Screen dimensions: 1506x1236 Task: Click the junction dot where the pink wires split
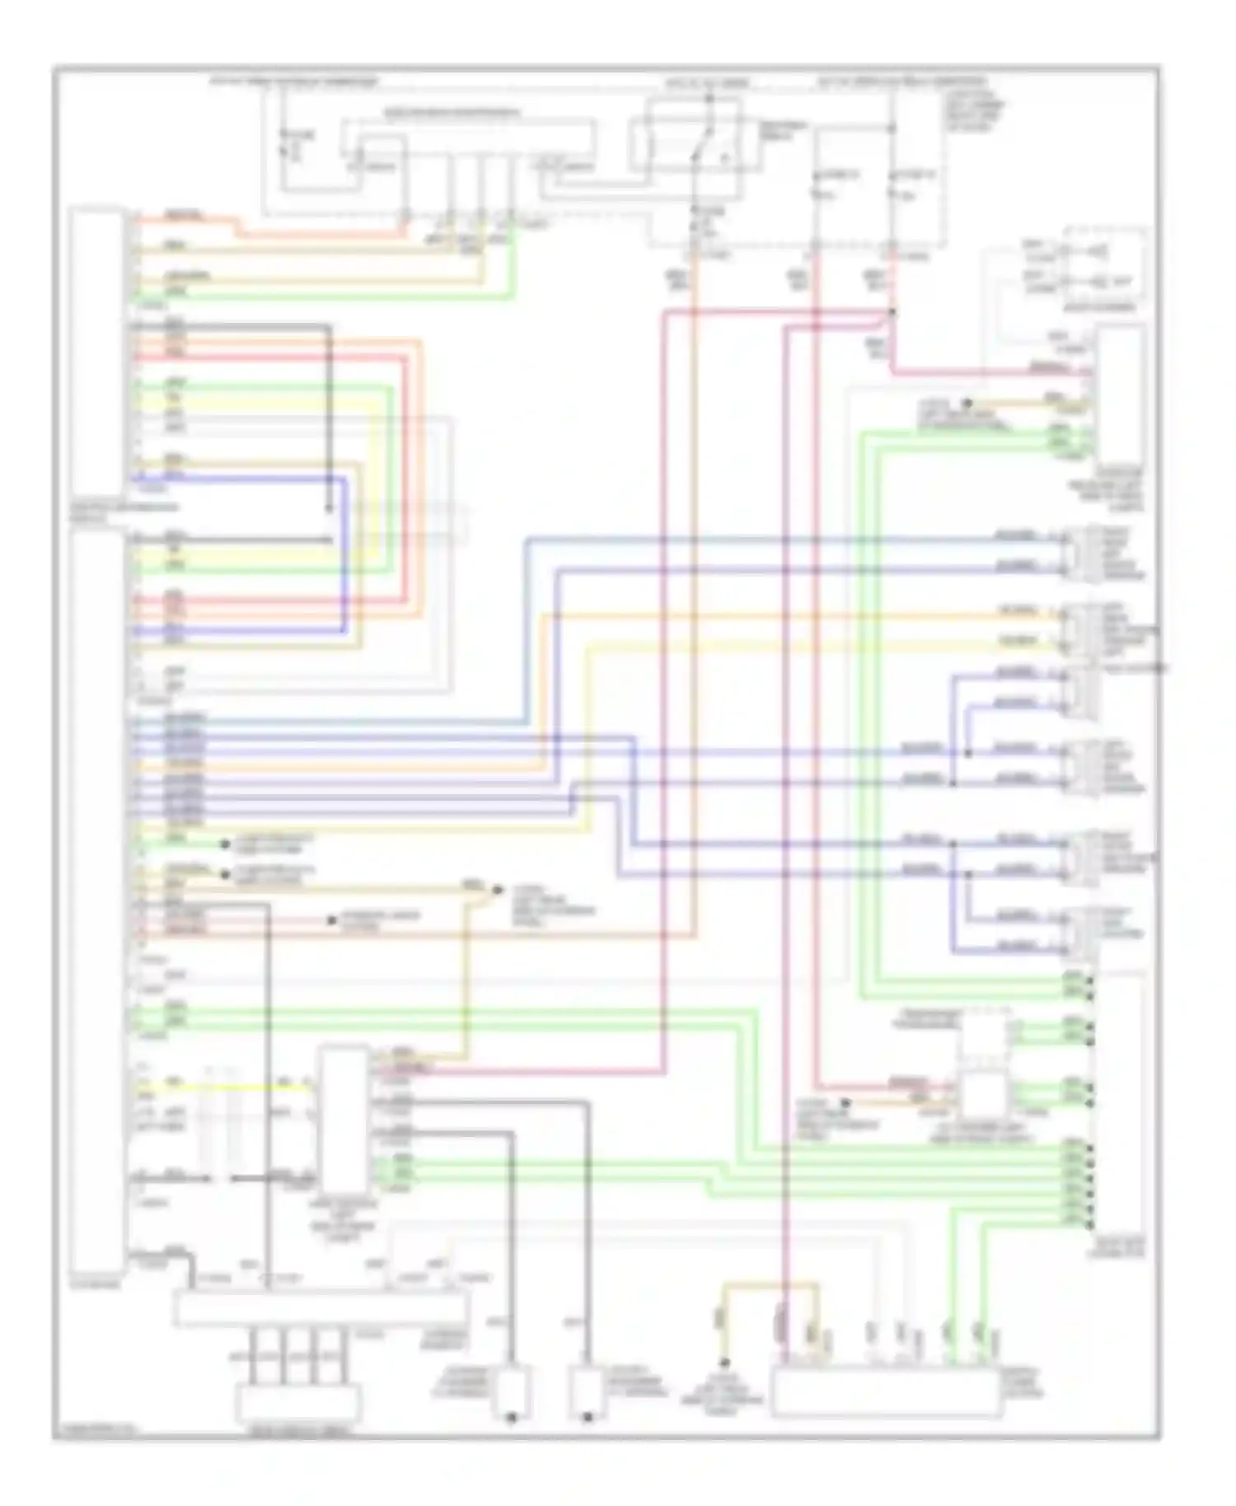892,312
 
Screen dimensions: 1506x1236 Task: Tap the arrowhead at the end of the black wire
329,508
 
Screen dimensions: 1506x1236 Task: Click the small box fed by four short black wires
298,1400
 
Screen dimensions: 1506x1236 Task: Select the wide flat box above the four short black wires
320,1309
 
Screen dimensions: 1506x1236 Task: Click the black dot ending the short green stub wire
224,844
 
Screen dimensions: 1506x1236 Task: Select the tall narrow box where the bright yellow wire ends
344,1115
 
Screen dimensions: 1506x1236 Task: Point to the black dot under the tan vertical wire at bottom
724,1364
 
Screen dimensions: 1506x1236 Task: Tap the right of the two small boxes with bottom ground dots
587,1391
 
